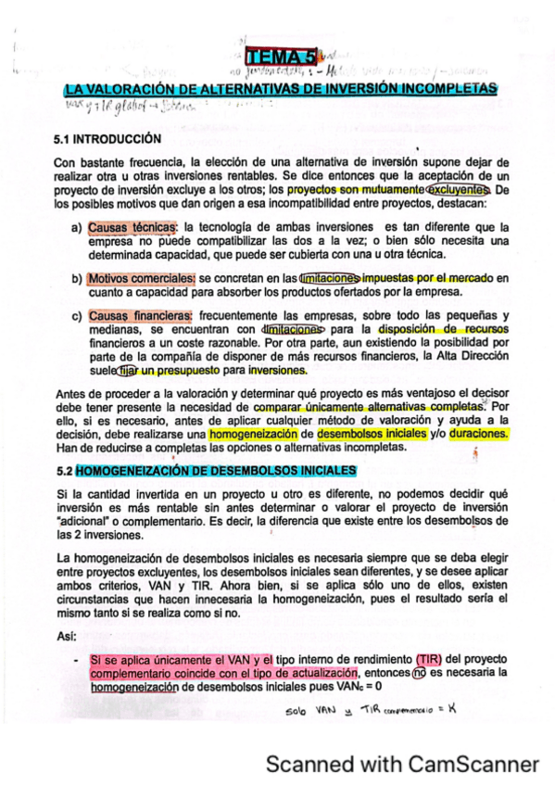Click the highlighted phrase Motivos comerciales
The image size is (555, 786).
[x=141, y=277]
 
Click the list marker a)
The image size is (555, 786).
[x=76, y=226]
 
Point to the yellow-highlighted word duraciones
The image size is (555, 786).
[x=478, y=433]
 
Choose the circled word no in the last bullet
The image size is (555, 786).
[x=417, y=673]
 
